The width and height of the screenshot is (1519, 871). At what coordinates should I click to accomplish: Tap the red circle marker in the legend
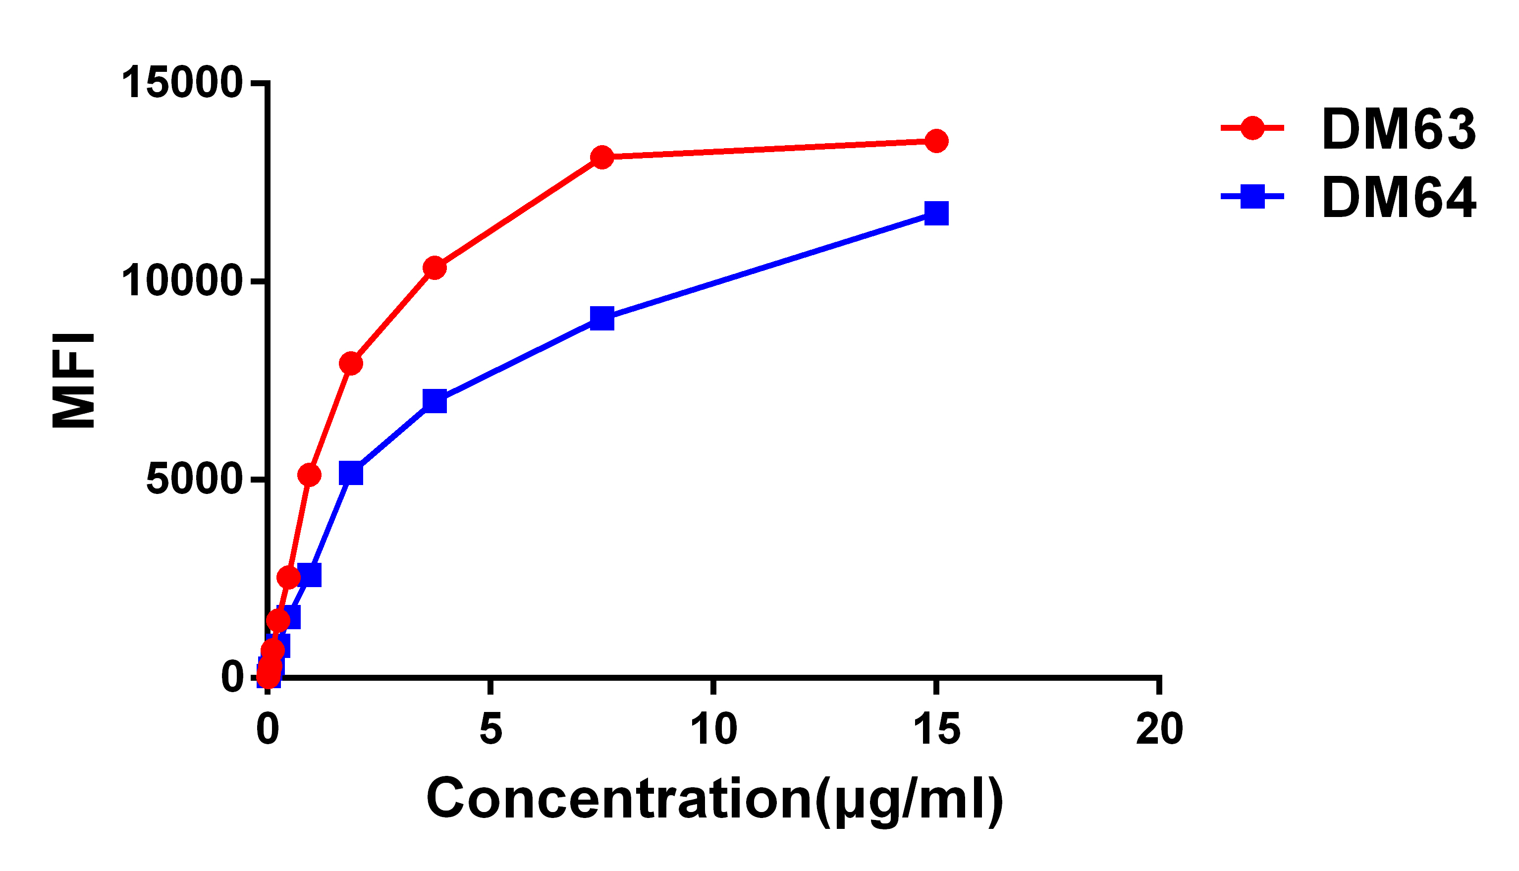coord(1252,127)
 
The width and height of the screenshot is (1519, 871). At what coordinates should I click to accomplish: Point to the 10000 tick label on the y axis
coord(182,282)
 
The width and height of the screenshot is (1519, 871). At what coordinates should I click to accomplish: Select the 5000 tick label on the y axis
coord(194,480)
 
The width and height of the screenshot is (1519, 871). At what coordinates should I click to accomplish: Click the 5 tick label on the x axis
coord(490,729)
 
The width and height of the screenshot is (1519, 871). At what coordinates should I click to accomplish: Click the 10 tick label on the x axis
coord(713,729)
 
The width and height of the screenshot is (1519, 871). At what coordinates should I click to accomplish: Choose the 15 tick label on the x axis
coord(936,729)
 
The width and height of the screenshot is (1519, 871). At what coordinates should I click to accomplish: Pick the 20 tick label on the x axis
coord(1160,729)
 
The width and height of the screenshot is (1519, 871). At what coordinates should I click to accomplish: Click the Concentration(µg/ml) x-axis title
coord(714,800)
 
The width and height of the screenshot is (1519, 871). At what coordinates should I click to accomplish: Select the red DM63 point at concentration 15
coord(936,141)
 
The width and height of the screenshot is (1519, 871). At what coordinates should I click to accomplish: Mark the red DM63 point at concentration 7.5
coord(602,158)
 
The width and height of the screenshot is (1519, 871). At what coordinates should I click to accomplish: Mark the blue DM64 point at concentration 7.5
coord(602,318)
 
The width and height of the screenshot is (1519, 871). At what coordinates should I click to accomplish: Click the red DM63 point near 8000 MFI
coord(351,363)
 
